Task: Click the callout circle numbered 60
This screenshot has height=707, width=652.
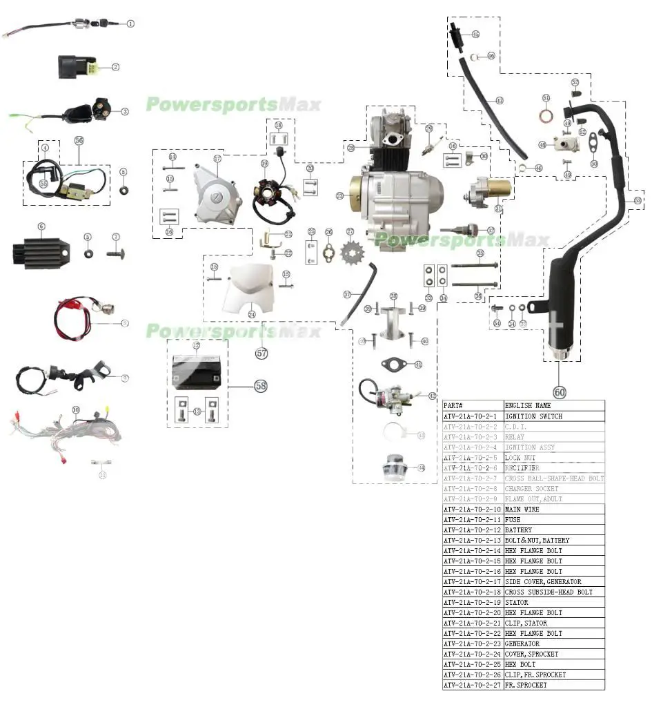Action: click(559, 391)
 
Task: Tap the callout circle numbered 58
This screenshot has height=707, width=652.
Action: click(260, 386)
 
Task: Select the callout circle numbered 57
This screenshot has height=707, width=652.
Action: click(261, 353)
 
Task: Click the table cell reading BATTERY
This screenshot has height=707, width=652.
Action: click(518, 530)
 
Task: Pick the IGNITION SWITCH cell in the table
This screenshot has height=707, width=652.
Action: click(533, 416)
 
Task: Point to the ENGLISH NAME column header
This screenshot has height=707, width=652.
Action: click(528, 406)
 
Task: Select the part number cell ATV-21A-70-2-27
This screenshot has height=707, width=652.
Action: click(473, 685)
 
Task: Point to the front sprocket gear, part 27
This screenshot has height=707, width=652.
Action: click(350, 253)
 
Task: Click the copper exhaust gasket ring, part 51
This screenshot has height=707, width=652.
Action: click(546, 114)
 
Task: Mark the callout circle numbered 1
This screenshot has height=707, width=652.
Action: click(130, 23)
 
